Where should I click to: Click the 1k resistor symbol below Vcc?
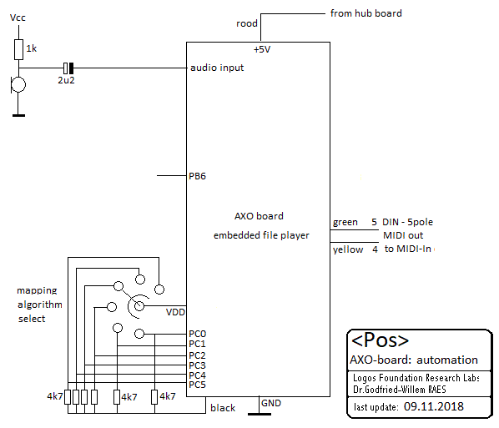tap(19, 50)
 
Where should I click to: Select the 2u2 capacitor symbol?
tap(68, 68)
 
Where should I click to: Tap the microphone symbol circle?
tap(18, 84)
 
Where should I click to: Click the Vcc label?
tap(18, 18)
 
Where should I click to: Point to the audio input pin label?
tap(217, 68)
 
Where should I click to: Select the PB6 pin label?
tap(197, 176)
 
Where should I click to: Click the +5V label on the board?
tap(262, 49)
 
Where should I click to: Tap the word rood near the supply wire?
tap(247, 23)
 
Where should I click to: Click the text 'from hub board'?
tap(366, 13)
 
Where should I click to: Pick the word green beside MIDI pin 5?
tap(345, 222)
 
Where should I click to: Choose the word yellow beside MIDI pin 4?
tap(348, 249)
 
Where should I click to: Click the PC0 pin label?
tap(197, 334)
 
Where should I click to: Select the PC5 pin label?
tap(197, 385)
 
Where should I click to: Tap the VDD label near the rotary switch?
tap(175, 312)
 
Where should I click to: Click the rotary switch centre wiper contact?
tap(139, 306)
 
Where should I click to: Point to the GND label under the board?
tap(271, 403)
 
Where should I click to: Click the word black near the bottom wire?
tap(223, 408)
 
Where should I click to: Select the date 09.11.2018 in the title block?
tap(434, 406)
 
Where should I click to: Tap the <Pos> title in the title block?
tap(380, 340)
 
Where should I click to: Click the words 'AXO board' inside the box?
tap(259, 216)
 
